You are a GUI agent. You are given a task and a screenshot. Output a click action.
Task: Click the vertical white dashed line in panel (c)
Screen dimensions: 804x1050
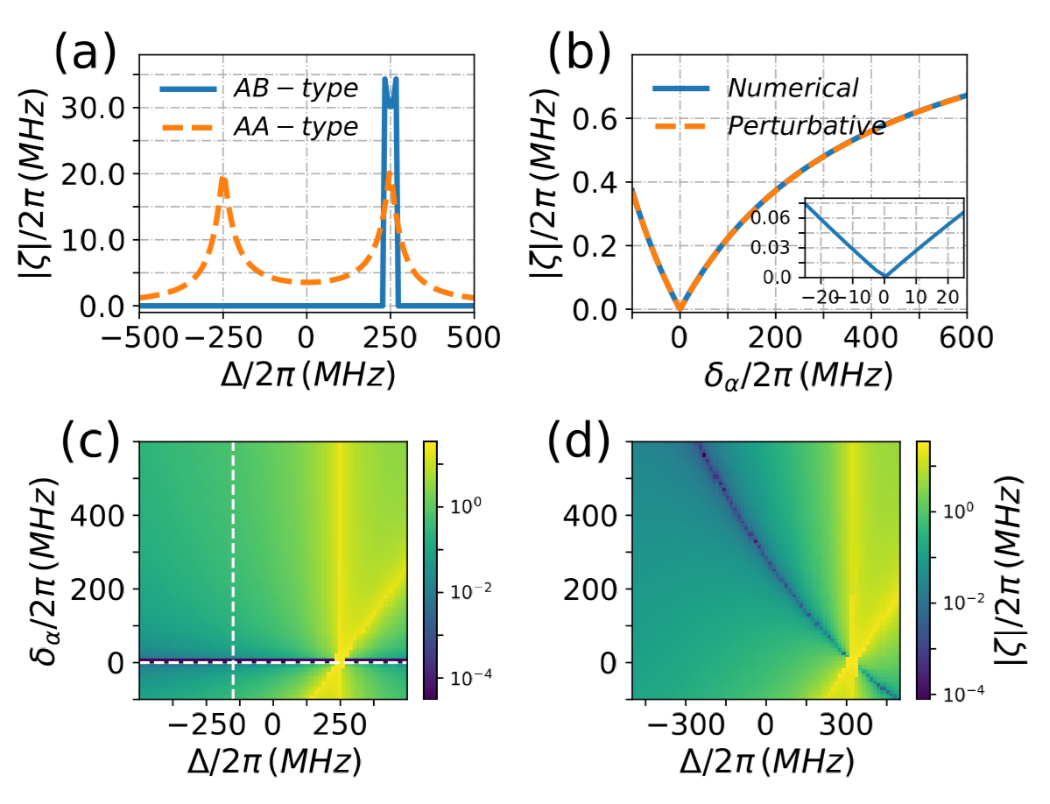233,569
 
